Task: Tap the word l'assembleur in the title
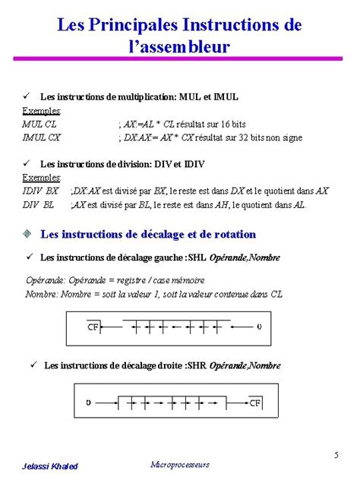180,47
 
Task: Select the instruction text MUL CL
39,123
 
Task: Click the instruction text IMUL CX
42,137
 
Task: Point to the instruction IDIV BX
41,191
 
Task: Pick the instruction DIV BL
38,204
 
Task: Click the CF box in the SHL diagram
93,327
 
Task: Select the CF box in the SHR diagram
256,402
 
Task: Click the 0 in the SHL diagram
259,327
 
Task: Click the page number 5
335,455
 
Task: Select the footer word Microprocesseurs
180,464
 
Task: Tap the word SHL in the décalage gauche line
197,258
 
